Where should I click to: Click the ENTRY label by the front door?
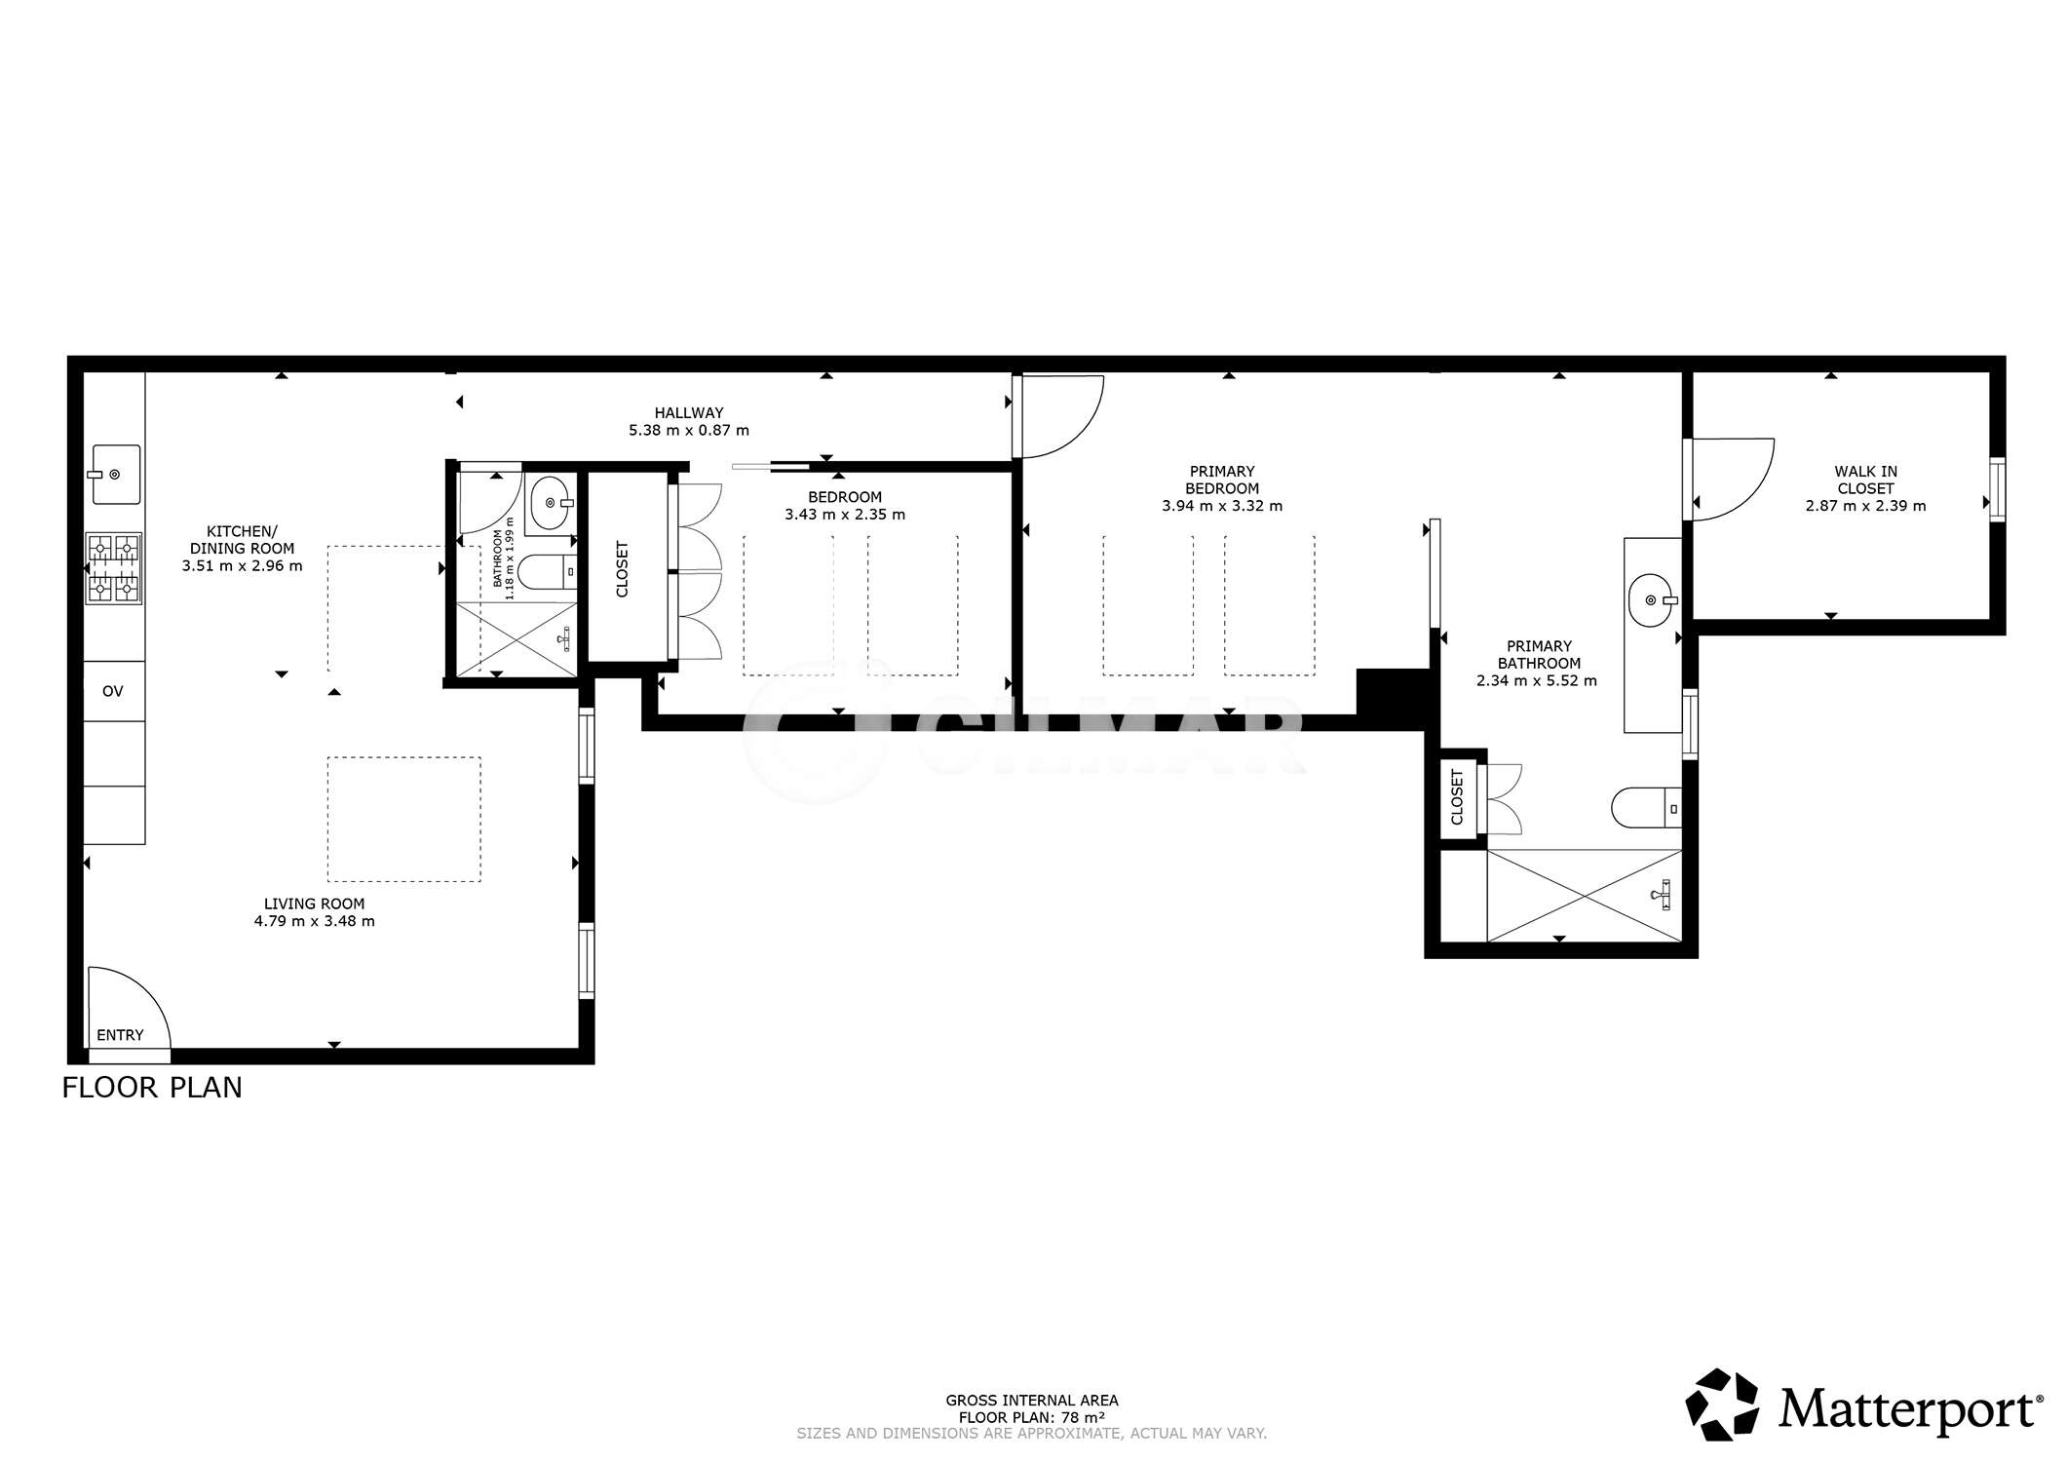pos(120,1035)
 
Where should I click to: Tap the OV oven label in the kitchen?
pos(113,691)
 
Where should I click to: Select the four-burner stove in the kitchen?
pos(114,568)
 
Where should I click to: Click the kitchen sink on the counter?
pos(117,475)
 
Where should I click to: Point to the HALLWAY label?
pos(689,413)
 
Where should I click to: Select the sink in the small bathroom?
pos(552,503)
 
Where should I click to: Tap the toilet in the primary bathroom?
pos(1646,807)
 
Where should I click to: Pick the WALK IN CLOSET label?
pos(1865,480)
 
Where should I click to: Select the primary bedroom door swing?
pos(1061,416)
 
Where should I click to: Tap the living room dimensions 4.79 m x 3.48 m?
pos(315,921)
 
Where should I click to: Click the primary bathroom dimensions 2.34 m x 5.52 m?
pos(1537,681)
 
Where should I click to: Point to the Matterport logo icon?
pos(1722,1404)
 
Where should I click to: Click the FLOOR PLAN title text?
pos(152,1088)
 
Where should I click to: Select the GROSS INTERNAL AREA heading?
pos(1032,1401)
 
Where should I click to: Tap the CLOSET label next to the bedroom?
pos(623,568)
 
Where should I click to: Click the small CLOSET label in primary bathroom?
pos(1458,797)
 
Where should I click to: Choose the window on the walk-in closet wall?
pos(1998,489)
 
